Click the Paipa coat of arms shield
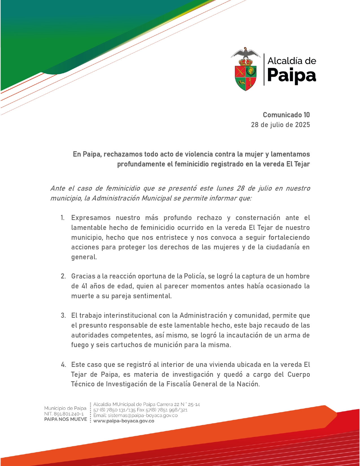click(x=246, y=76)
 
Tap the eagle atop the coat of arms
click(x=246, y=53)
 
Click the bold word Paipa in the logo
click(x=291, y=75)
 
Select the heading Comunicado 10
click(x=286, y=115)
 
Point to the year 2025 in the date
click(x=302, y=125)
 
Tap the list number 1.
click(x=62, y=218)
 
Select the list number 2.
click(x=63, y=276)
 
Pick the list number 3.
click(x=63, y=315)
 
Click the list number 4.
click(x=63, y=365)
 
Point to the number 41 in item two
click(x=84, y=286)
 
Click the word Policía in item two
click(x=195, y=276)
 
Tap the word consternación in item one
click(x=258, y=218)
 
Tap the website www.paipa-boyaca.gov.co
click(x=124, y=421)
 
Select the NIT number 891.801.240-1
click(x=69, y=414)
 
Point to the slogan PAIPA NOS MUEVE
click(x=66, y=419)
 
